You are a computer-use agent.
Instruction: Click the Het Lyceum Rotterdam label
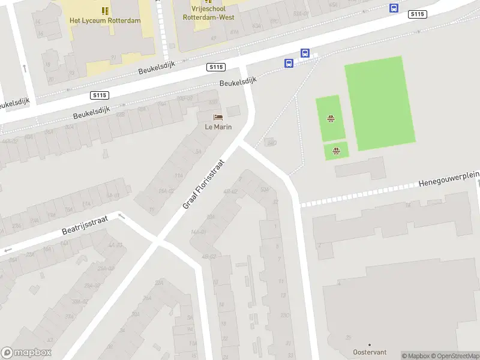tap(105, 20)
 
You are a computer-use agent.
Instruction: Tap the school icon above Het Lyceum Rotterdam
tap(105, 10)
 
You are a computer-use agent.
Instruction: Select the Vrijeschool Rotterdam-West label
tap(208, 13)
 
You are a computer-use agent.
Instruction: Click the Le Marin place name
tap(218, 127)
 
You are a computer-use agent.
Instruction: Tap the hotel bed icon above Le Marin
tap(218, 116)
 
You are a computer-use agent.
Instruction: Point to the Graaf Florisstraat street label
tap(203, 184)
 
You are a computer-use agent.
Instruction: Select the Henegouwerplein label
tap(449, 179)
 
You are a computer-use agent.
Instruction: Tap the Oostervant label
tap(370, 352)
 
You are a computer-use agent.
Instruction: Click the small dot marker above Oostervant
tap(370, 344)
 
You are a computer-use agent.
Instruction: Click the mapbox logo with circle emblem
tap(26, 353)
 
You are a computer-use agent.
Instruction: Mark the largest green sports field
tap(380, 103)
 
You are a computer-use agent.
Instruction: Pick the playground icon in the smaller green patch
tap(337, 151)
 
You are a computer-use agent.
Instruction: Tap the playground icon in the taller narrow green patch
tap(330, 118)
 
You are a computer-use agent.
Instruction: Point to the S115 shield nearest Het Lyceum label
tap(100, 95)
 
